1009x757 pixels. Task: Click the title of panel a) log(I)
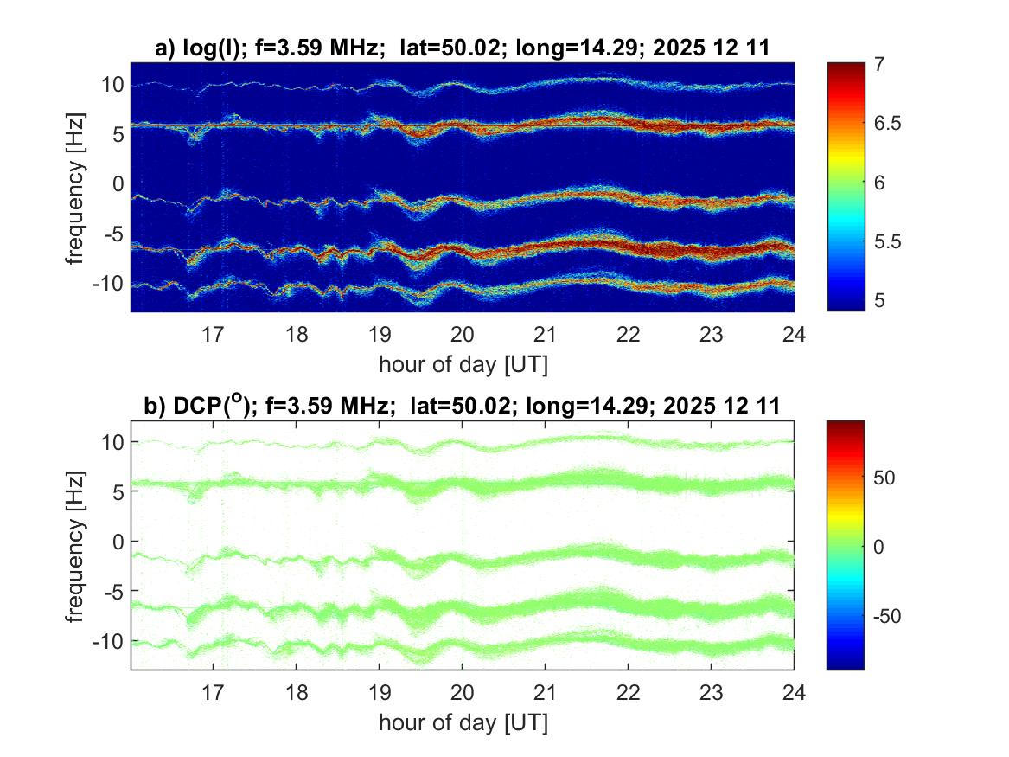[x=462, y=49]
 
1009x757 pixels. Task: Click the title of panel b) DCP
[x=462, y=405]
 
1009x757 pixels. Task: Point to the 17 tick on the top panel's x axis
[x=214, y=334]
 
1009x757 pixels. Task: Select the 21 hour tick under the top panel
[x=546, y=334]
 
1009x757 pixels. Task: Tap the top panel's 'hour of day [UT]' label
[x=463, y=364]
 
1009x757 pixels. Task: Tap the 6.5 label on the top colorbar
[x=890, y=124]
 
